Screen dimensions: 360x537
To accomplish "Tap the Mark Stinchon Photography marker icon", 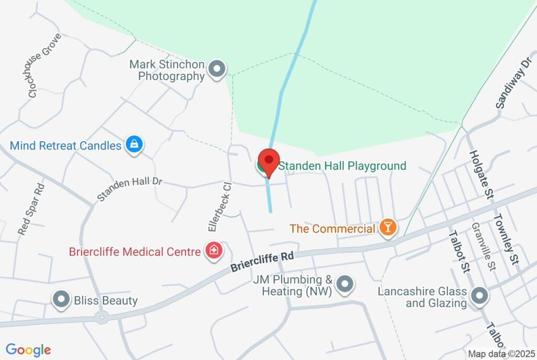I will click(x=217, y=69).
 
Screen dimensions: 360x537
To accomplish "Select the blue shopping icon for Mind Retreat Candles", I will click(x=134, y=145).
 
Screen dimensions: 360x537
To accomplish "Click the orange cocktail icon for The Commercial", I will click(x=388, y=228).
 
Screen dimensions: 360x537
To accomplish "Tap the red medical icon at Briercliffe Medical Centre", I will click(x=213, y=251).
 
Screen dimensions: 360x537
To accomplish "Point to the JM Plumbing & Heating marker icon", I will click(x=345, y=284).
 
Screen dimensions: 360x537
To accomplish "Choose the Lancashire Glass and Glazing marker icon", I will click(x=479, y=297).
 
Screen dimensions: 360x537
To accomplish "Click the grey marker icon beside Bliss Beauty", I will click(x=62, y=300).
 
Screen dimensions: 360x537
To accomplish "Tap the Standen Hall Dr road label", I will click(x=130, y=189).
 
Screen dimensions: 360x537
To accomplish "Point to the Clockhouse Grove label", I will click(x=45, y=66).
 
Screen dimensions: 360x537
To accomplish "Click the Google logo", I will click(x=28, y=350).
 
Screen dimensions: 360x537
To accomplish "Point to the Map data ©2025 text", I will click(x=501, y=354).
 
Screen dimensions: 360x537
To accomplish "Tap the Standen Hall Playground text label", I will click(x=342, y=166).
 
